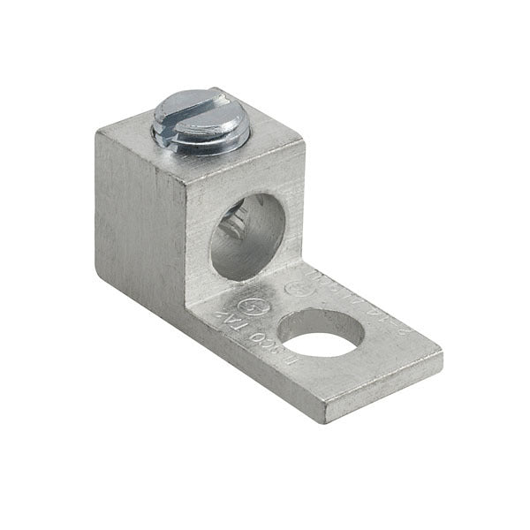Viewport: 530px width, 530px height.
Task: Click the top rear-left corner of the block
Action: point(96,130)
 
